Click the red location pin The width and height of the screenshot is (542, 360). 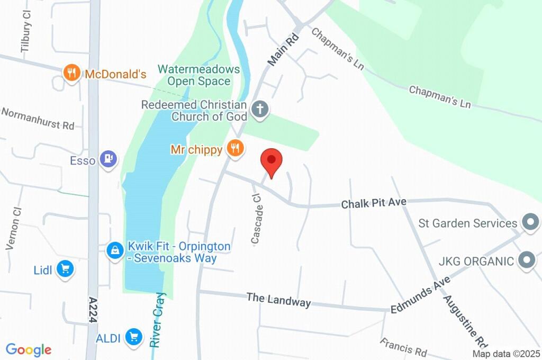coord(272,160)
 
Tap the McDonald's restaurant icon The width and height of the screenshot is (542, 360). coord(71,74)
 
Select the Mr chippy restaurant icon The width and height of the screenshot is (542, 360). coord(235,149)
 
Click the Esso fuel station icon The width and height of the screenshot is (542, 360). coord(109,159)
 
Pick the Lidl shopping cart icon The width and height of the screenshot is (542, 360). coord(66,269)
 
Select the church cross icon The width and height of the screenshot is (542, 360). coord(259,110)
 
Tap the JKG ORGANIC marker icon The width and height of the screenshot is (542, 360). coord(527,260)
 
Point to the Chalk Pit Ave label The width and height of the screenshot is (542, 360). coord(374,203)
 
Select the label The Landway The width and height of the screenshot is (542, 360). coord(278,299)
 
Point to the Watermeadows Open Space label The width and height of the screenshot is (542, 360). coord(198,75)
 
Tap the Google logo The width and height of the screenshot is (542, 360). coord(29,349)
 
